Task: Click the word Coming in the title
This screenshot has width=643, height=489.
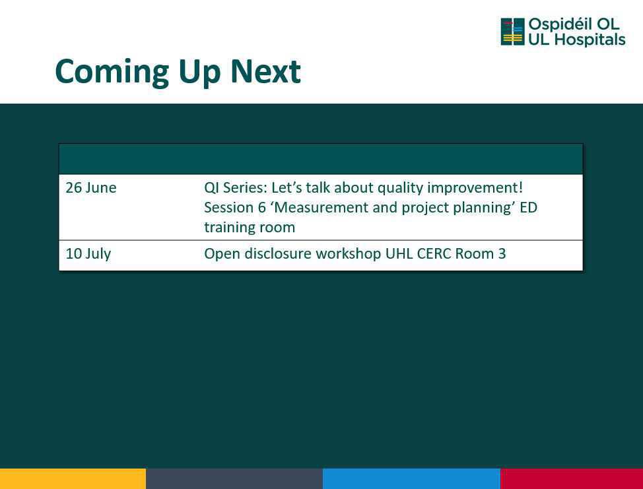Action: (x=112, y=73)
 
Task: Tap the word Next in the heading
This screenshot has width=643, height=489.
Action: (x=266, y=72)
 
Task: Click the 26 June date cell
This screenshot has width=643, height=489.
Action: (x=91, y=187)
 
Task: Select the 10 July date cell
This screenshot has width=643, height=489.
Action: (x=88, y=253)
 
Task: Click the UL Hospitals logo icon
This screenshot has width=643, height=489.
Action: (x=512, y=32)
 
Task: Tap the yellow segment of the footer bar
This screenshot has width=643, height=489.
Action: (x=73, y=478)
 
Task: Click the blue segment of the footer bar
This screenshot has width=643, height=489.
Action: (x=411, y=478)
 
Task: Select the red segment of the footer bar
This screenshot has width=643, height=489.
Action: (x=572, y=478)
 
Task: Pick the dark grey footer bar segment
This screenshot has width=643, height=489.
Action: (x=234, y=478)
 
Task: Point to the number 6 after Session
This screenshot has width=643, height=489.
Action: (x=261, y=208)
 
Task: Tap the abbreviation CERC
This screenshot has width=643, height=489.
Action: (x=434, y=253)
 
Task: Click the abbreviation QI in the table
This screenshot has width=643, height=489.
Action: (x=211, y=188)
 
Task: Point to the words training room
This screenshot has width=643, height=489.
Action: (x=250, y=228)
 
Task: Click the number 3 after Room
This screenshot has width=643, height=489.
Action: (x=502, y=253)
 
